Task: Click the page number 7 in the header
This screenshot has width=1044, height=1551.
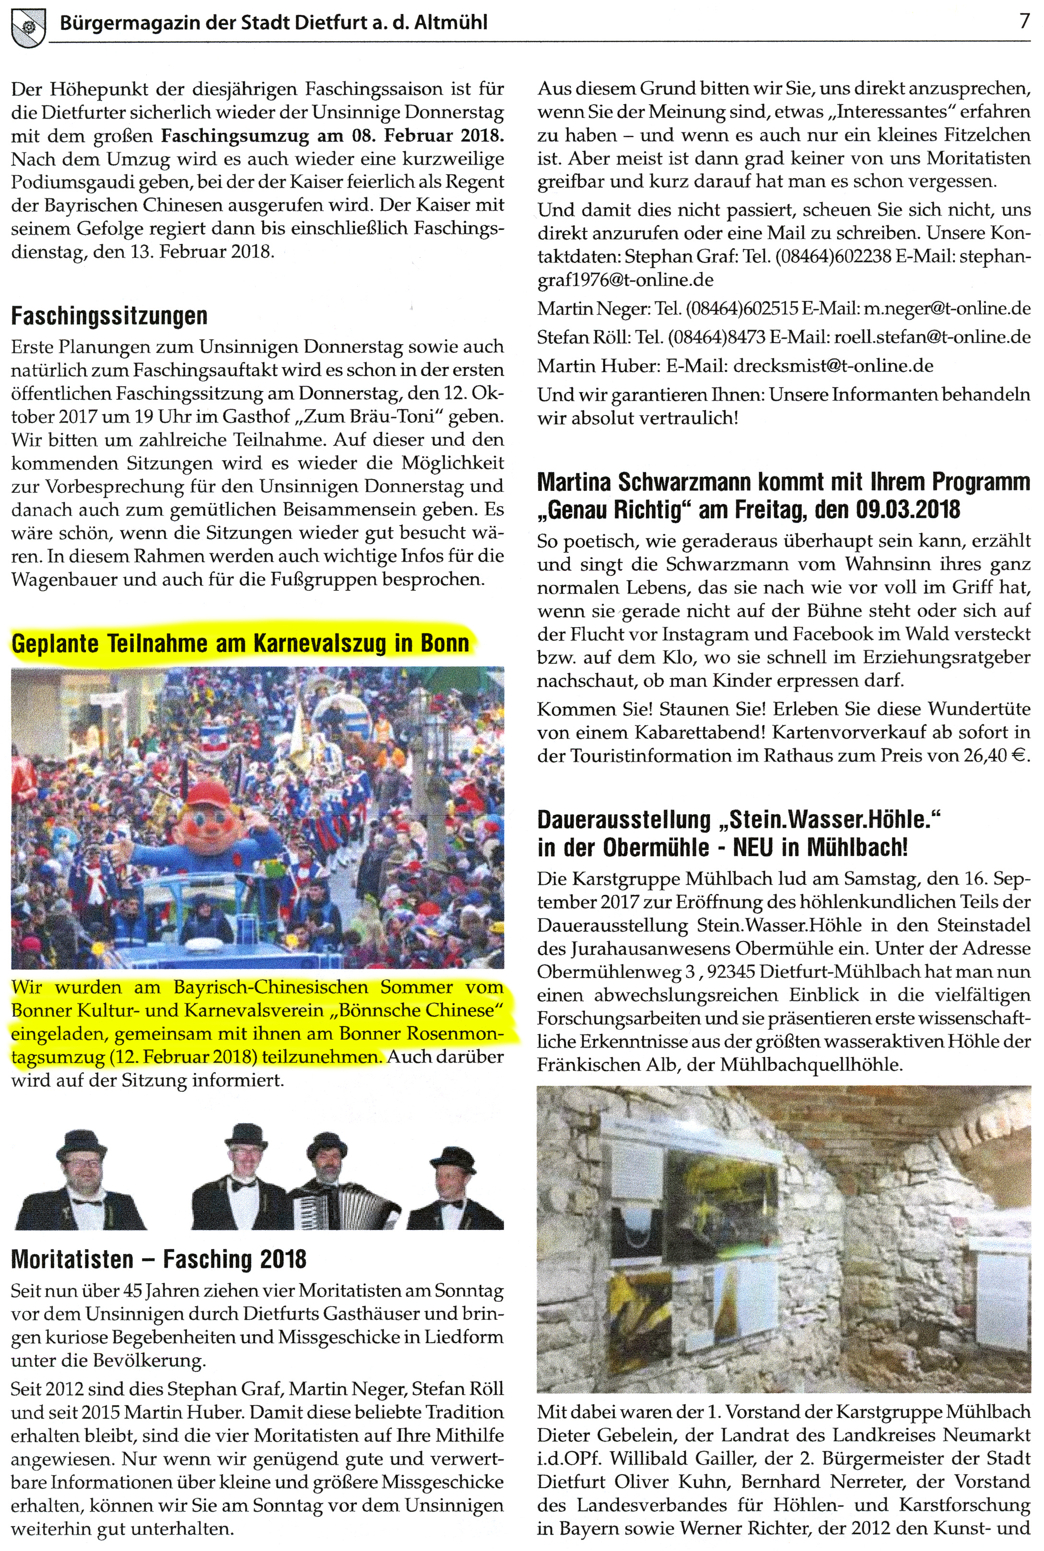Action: pos(1023,22)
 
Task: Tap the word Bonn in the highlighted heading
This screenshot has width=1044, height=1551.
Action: pos(445,644)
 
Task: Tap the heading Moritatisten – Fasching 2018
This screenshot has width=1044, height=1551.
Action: pos(158,1259)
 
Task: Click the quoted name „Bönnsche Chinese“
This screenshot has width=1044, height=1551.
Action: pos(417,1010)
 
